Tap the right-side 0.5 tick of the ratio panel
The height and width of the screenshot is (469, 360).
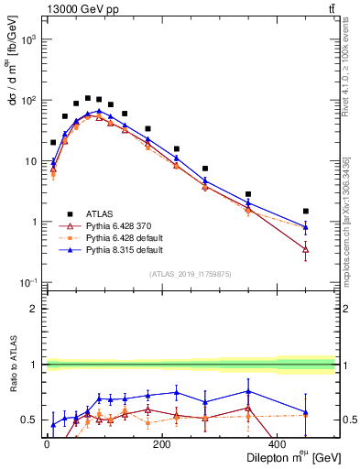click(349, 420)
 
